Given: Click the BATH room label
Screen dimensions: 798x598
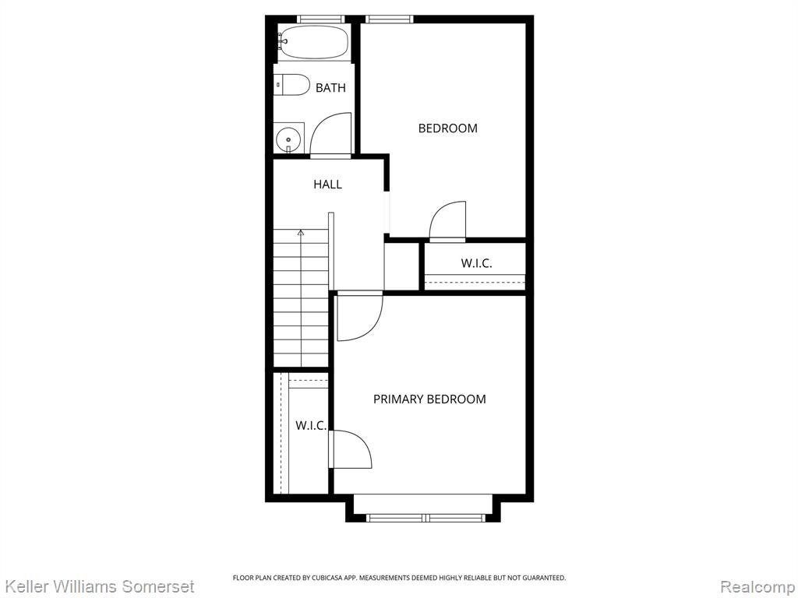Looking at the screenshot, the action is [x=330, y=88].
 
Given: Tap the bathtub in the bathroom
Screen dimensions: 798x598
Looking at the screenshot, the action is [x=313, y=42].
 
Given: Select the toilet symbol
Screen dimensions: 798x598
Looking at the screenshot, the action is [x=291, y=85].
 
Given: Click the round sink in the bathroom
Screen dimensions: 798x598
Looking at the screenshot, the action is [x=288, y=139].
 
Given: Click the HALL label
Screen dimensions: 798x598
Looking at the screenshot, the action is [x=328, y=184].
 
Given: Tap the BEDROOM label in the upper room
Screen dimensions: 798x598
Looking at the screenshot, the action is [x=448, y=128].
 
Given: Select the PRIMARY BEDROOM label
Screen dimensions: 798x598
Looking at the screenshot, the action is [x=429, y=399].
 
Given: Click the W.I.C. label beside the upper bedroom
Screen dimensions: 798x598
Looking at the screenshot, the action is [x=476, y=263].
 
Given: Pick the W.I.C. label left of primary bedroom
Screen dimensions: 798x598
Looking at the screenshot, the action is [x=311, y=426].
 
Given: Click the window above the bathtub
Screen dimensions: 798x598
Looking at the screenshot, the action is [x=321, y=19].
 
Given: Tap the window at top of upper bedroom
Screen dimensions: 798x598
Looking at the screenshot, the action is [x=390, y=19].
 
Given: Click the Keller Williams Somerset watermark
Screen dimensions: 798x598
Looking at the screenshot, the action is [x=99, y=586].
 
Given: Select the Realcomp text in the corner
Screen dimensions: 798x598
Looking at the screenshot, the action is [x=757, y=587].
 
